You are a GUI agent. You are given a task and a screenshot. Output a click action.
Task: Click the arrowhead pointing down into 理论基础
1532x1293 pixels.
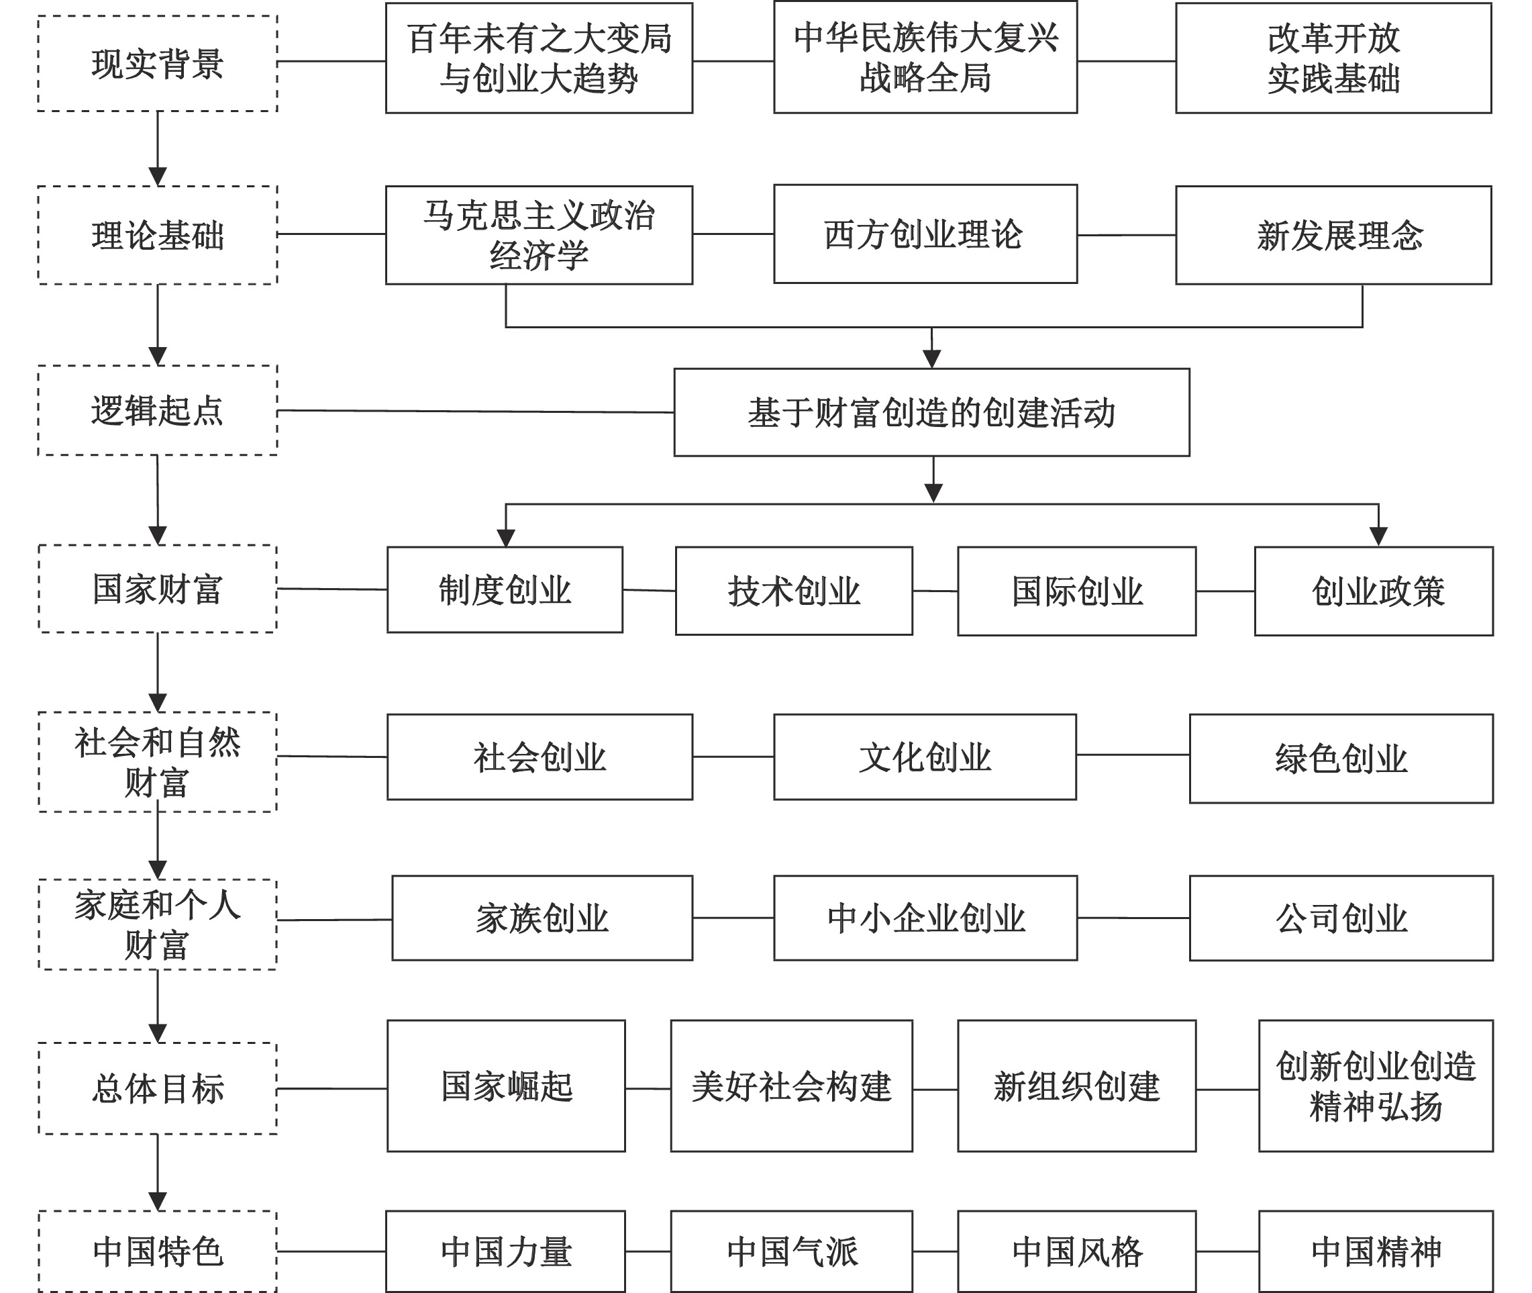[x=158, y=177]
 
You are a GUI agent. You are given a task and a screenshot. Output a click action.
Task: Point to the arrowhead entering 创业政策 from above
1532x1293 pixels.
[x=1378, y=536]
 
